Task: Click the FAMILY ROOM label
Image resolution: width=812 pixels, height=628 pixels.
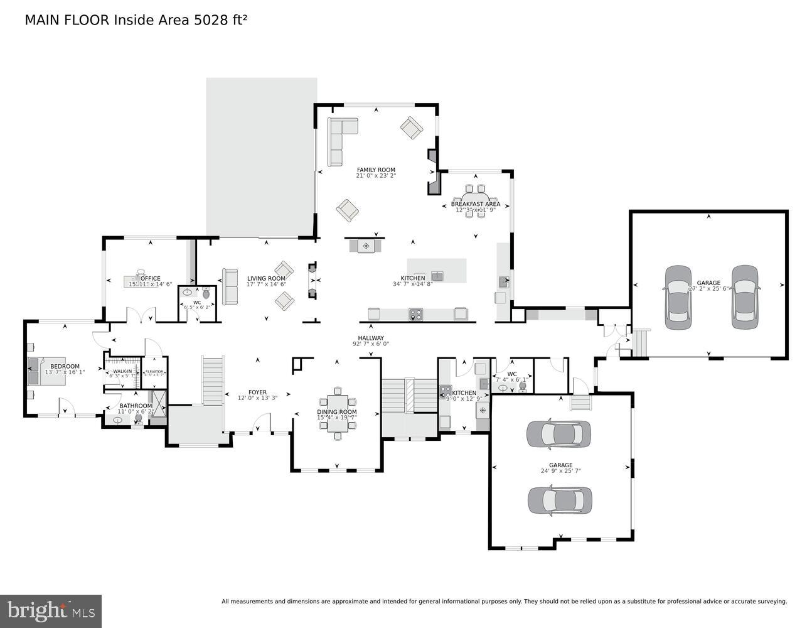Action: click(x=376, y=170)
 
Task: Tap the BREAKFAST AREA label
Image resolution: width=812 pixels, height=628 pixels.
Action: click(x=475, y=204)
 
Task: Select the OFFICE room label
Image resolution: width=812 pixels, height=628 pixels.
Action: click(x=151, y=278)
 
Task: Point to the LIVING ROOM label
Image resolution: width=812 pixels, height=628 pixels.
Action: click(x=266, y=278)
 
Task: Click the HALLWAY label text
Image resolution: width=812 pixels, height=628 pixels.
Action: click(x=370, y=338)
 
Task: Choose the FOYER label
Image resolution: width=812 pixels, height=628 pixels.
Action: click(x=257, y=392)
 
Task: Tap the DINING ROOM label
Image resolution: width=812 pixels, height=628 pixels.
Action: click(x=336, y=412)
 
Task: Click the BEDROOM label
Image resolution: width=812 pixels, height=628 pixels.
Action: click(x=65, y=366)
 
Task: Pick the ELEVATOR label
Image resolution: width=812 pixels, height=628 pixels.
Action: click(x=154, y=371)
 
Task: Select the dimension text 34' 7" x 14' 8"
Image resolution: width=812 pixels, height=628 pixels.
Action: click(x=412, y=284)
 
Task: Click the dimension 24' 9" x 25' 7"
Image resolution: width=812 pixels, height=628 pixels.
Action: click(x=560, y=471)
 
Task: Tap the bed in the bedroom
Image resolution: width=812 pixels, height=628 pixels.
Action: click(x=35, y=371)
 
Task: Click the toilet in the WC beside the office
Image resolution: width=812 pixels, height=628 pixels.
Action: click(x=206, y=294)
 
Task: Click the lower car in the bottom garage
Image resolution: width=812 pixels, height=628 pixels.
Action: click(x=559, y=500)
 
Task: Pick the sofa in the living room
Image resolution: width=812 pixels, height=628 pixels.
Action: click(x=230, y=286)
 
